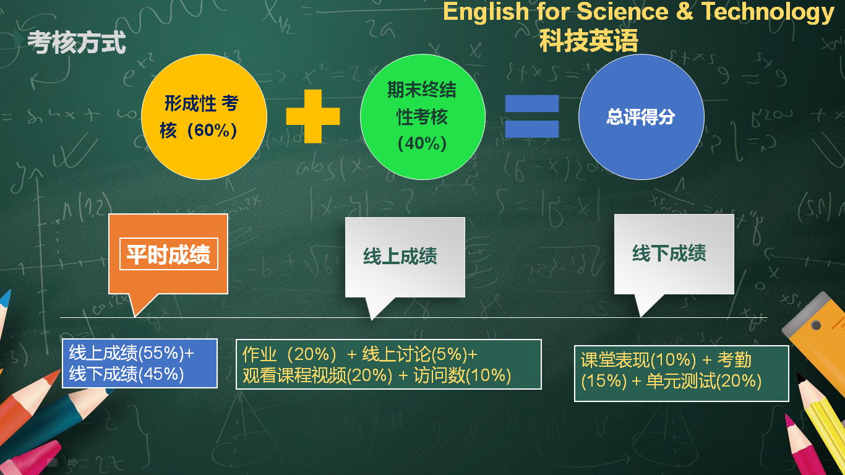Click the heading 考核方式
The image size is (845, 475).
click(77, 42)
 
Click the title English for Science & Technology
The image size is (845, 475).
click(638, 12)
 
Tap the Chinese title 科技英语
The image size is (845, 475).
click(588, 40)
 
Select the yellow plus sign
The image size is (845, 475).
click(313, 116)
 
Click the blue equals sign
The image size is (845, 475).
click(532, 116)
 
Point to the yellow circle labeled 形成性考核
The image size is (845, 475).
click(204, 116)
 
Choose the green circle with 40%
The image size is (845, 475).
click(422, 116)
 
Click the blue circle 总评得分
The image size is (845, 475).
click(641, 116)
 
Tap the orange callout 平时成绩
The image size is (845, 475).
click(168, 254)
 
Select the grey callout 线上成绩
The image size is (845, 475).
click(405, 257)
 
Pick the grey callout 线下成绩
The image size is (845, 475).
click(674, 254)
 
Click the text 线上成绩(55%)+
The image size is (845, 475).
click(131, 353)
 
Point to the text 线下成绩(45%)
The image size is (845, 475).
click(126, 374)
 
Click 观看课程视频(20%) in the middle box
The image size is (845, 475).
click(317, 375)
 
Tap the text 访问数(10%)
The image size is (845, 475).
click(462, 375)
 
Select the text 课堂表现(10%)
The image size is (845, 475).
click(638, 360)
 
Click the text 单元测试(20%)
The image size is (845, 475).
click(704, 381)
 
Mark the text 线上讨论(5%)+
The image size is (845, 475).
click(419, 354)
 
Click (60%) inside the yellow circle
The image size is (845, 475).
click(212, 131)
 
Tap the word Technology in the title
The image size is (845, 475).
click(768, 12)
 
